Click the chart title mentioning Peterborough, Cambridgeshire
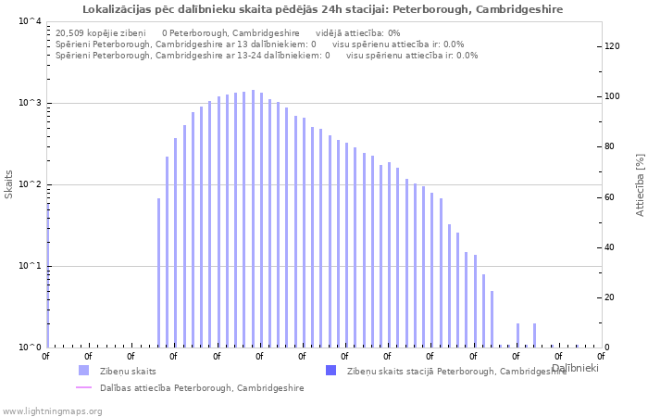322,9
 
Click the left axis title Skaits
10,184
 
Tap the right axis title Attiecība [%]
640,184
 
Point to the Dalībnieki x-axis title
574,369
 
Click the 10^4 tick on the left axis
30,21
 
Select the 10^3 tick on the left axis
30,103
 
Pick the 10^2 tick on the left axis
30,184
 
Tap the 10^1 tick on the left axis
30,266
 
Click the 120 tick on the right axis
613,46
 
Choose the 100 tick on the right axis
613,96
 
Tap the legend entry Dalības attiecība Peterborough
202,388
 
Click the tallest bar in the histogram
253,219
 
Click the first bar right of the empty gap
158,272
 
